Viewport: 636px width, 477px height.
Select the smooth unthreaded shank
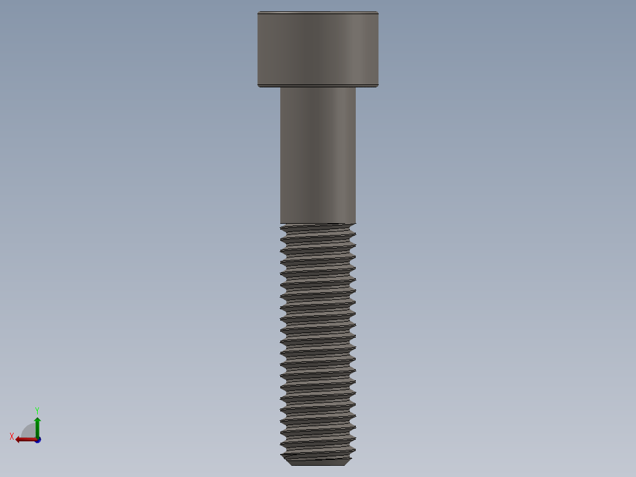coord(317,155)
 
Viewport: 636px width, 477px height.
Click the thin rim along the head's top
coord(317,13)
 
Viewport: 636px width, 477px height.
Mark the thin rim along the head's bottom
coord(317,86)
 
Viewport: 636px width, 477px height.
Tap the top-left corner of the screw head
coord(258,12)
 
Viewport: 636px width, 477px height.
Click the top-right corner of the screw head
coord(378,12)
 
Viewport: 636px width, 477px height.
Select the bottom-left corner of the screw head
coord(258,87)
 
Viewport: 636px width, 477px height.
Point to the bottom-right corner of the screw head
coord(378,87)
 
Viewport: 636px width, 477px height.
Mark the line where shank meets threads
coord(317,224)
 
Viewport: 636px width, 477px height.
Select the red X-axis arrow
coord(24,439)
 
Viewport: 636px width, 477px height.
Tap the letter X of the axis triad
coord(12,436)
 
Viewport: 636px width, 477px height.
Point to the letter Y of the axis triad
coord(37,410)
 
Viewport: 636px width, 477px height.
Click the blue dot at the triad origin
coord(37,440)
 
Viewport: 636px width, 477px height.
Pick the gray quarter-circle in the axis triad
coord(29,432)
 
